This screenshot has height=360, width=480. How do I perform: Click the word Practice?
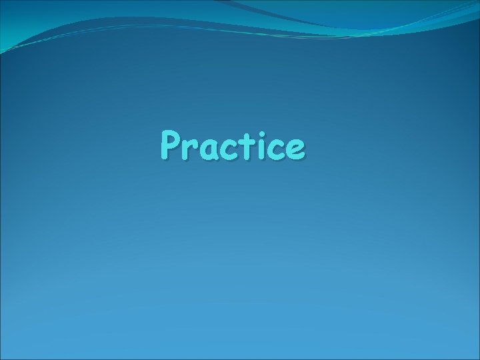click(233, 147)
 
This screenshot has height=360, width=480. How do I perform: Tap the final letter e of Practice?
click(298, 151)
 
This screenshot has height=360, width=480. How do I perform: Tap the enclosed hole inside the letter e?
click(298, 147)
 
